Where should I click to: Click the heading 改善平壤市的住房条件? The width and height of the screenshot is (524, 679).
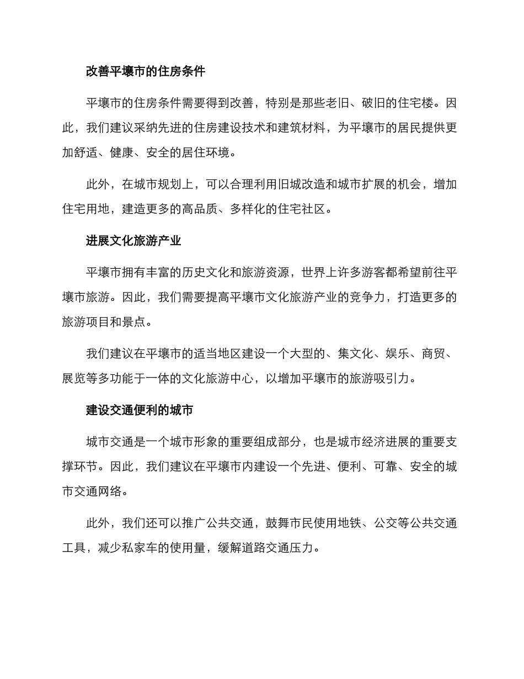(x=146, y=72)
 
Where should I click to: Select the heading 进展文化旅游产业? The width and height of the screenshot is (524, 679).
(x=133, y=241)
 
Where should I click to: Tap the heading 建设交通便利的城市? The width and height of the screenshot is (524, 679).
(x=140, y=411)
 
